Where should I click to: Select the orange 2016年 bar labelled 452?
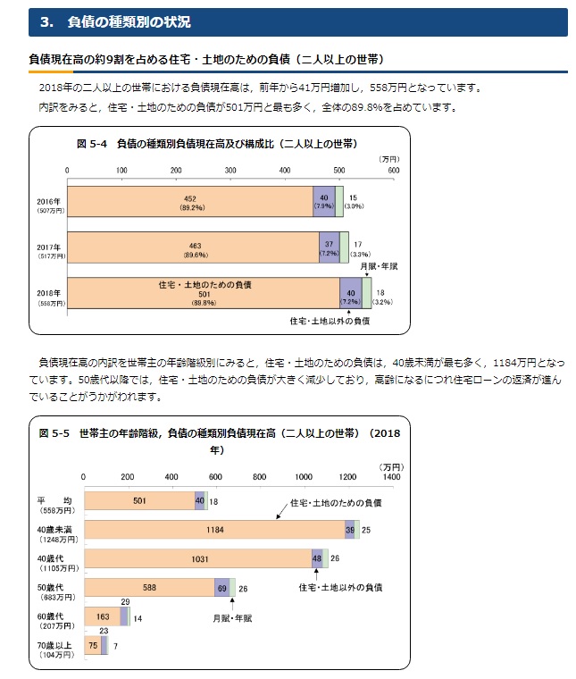click(189, 201)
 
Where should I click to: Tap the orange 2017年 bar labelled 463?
click(192, 247)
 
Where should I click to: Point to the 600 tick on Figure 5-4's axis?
click(393, 170)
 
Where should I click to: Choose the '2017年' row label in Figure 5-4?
click(48, 247)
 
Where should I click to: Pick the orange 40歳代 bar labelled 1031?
click(196, 558)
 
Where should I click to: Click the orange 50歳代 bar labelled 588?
click(148, 587)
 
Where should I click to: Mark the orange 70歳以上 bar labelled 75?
click(92, 644)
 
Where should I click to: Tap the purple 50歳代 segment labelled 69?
click(221, 587)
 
